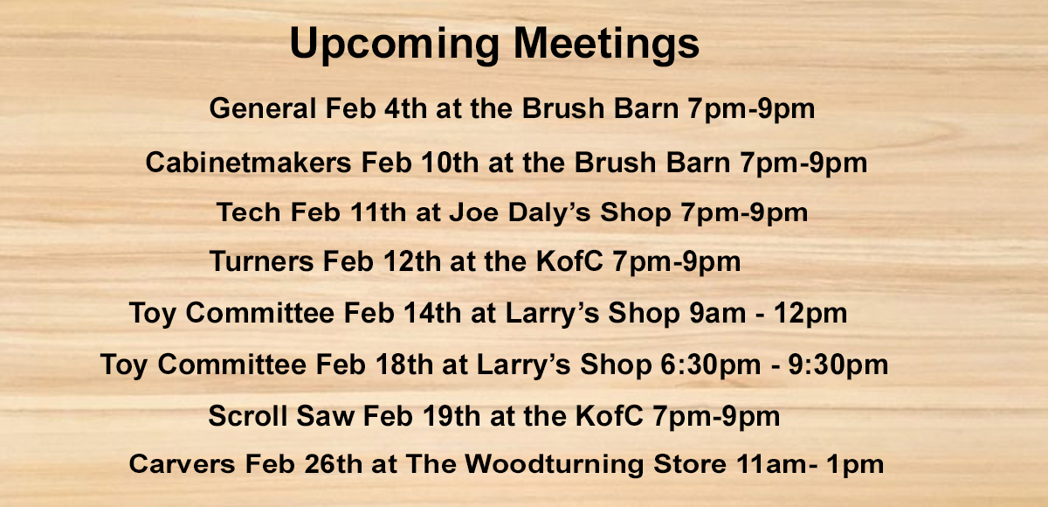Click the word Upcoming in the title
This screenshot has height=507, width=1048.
tap(395, 44)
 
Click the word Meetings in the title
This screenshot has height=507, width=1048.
tap(606, 44)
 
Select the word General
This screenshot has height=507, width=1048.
tap(263, 108)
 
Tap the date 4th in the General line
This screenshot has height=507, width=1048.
tap(405, 108)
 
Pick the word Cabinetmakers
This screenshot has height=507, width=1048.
tap(248, 163)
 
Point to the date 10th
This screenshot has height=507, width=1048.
tap(450, 163)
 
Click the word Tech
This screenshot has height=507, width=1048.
tap(248, 212)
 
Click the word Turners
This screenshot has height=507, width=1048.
tap(262, 261)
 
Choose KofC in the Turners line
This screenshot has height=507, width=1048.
tap(569, 261)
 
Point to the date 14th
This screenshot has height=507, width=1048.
tap(432, 313)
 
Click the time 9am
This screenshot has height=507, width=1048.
tap(718, 314)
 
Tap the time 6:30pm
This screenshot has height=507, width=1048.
tap(710, 365)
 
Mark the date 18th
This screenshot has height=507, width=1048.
tap(403, 365)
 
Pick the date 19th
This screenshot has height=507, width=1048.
tap(452, 416)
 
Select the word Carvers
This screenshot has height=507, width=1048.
tap(182, 464)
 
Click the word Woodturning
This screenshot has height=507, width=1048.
tap(554, 465)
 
